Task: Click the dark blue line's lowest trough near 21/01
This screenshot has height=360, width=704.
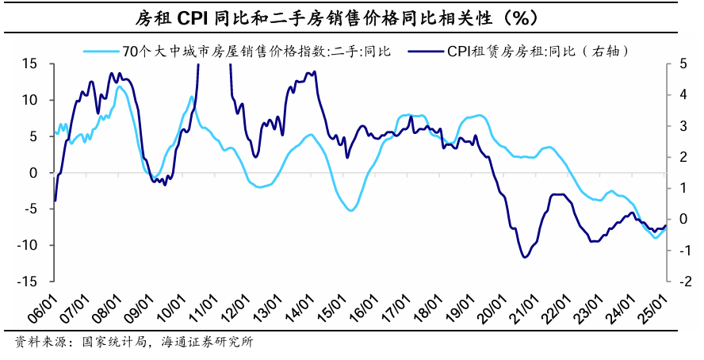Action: (x=525, y=257)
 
